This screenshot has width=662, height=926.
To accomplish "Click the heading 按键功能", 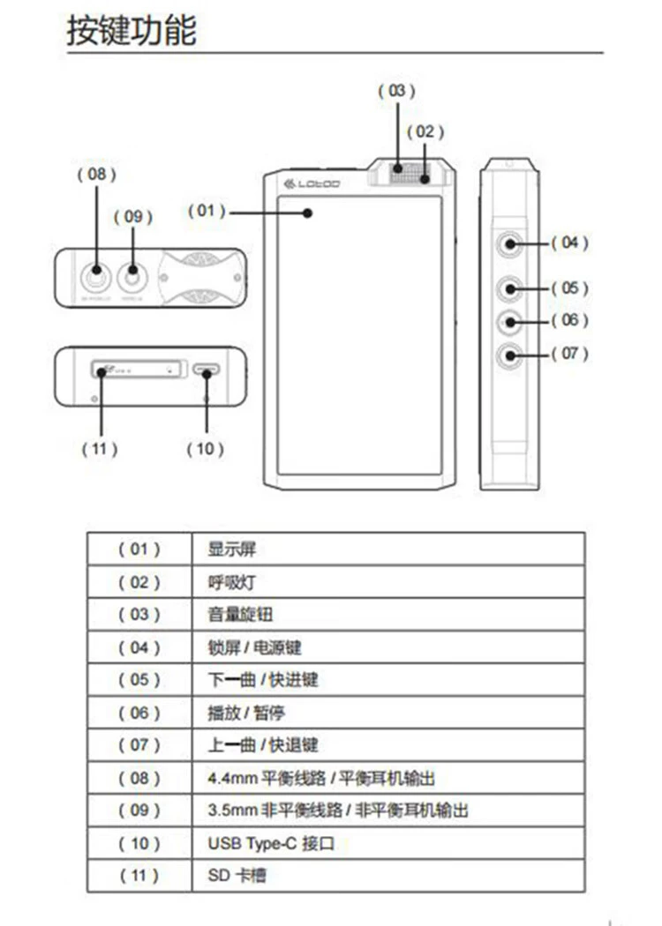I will [x=132, y=31].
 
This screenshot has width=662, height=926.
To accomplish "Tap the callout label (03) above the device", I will [x=396, y=91].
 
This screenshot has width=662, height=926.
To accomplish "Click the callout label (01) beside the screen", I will [x=207, y=212].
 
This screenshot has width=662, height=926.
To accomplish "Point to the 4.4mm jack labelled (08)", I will [x=95, y=278].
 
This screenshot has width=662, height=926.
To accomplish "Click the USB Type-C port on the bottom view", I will [x=207, y=371].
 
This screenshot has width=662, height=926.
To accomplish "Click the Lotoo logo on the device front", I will [x=312, y=184].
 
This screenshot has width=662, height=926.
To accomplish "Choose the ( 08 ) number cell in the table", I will [x=139, y=778].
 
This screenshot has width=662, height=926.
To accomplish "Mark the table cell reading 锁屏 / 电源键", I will [x=254, y=647].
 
